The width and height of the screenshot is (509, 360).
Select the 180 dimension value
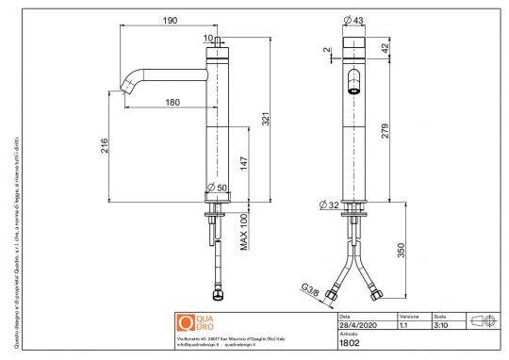click(173, 102)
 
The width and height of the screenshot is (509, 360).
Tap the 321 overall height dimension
click(267, 120)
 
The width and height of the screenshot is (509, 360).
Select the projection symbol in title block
click(482, 320)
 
